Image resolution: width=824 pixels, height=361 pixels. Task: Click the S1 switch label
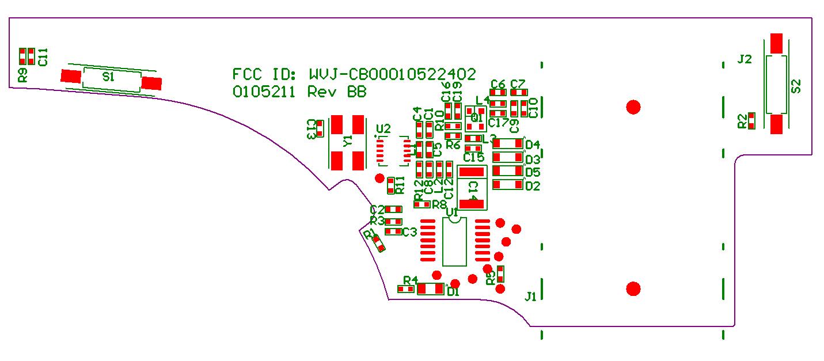(108, 77)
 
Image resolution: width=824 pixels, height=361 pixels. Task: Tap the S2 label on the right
(796, 86)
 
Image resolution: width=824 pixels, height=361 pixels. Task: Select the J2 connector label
(745, 59)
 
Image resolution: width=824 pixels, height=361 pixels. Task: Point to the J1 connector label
(530, 297)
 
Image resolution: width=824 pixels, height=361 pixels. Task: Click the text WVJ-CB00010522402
(392, 74)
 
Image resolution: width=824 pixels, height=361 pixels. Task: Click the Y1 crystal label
(348, 142)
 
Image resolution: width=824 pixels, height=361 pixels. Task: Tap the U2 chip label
(383, 128)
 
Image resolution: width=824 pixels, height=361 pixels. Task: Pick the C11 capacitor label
(43, 57)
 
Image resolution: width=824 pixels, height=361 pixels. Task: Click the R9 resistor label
(22, 75)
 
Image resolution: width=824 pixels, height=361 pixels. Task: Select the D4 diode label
(533, 145)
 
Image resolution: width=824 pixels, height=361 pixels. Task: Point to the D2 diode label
(533, 186)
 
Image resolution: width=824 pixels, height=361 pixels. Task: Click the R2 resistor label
(742, 121)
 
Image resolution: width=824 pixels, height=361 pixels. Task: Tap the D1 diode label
(453, 292)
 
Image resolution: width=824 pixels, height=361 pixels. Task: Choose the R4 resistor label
(410, 280)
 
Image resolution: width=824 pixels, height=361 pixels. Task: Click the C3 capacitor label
(409, 232)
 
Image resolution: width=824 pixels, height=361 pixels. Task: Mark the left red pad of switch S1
(71, 77)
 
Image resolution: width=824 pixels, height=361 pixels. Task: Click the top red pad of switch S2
(776, 42)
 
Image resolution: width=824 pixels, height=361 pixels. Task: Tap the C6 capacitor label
(498, 84)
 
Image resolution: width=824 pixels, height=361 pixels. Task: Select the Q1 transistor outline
(476, 117)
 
